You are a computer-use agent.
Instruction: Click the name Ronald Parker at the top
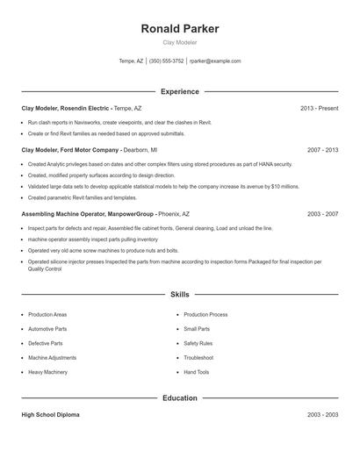click(x=180, y=28)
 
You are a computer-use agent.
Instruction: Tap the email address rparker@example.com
click(x=215, y=61)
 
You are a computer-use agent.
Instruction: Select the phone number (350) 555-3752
click(x=167, y=61)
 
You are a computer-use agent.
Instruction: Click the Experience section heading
click(x=180, y=91)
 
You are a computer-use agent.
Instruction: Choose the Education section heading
click(x=180, y=398)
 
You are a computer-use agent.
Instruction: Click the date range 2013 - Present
click(x=319, y=108)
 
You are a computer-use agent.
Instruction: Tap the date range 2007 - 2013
click(x=322, y=150)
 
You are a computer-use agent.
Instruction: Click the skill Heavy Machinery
click(x=48, y=372)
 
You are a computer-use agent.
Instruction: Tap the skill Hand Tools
click(x=197, y=372)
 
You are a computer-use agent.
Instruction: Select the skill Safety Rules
click(x=198, y=343)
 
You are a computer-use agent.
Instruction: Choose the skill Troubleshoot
click(x=199, y=358)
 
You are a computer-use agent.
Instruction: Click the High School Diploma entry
click(x=50, y=415)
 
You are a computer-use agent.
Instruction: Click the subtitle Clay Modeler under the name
click(x=180, y=42)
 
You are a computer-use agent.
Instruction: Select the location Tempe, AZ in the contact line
click(x=131, y=61)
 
